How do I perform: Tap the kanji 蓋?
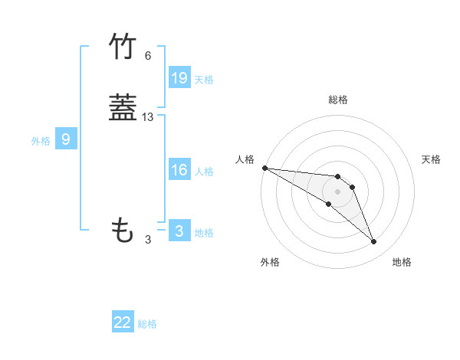[x=123, y=108]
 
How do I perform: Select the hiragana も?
[x=123, y=230]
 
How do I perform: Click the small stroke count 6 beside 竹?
[x=148, y=56]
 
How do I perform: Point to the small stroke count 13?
[x=148, y=117]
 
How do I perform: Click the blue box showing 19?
[x=179, y=78]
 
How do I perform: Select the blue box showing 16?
[x=179, y=171]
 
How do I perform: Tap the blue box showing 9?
[x=66, y=139]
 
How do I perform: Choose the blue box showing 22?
[x=123, y=322]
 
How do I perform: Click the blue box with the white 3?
[x=179, y=231]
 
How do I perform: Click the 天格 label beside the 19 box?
[x=204, y=80]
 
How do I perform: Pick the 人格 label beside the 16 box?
[x=204, y=172]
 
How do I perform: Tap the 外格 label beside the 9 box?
[x=41, y=141]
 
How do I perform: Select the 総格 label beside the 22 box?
[x=147, y=324]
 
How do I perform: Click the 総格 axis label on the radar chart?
[x=338, y=100]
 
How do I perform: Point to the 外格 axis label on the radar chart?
[x=270, y=262]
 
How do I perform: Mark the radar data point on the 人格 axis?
[x=264, y=168]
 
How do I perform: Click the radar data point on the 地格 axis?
[x=374, y=242]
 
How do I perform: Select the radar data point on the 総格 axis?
[x=338, y=173]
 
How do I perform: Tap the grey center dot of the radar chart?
[x=338, y=191]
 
